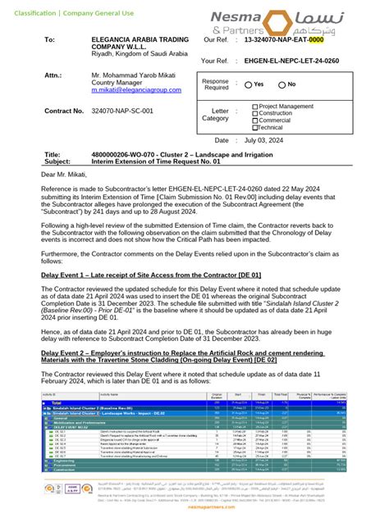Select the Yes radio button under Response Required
click(x=249, y=84)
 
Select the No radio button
click(x=282, y=84)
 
